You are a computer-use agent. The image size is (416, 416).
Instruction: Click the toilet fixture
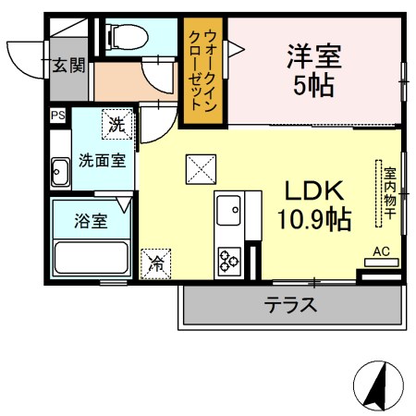[x=127, y=37]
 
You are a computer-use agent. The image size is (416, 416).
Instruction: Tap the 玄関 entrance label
[x=68, y=66]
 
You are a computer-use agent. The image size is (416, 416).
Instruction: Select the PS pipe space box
[x=58, y=116]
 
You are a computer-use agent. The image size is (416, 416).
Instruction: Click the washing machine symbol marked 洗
[x=117, y=124]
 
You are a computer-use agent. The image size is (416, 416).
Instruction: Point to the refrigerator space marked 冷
[x=155, y=264]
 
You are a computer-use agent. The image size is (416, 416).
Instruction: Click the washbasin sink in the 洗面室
[x=60, y=172]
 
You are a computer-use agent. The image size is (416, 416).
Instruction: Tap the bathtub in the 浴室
[x=91, y=258]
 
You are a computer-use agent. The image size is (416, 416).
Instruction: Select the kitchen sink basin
[x=228, y=210]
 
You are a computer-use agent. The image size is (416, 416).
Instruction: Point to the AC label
[x=381, y=251]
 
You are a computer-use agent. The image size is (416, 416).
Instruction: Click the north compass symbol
[x=378, y=385]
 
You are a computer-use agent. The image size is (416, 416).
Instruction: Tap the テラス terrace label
[x=290, y=305]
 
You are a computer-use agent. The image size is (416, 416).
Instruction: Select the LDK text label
[x=314, y=190]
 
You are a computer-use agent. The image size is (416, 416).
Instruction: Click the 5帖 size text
[x=313, y=86]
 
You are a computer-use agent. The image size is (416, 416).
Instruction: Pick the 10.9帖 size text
[x=314, y=220]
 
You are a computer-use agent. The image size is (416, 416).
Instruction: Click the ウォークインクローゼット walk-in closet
[x=202, y=70]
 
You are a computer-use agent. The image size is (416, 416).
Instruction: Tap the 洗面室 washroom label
[x=103, y=161]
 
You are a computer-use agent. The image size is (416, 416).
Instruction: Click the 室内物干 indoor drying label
[x=390, y=193]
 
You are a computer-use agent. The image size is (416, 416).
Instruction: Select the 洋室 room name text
[x=314, y=56]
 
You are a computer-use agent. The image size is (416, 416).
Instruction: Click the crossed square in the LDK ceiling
[x=201, y=169]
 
